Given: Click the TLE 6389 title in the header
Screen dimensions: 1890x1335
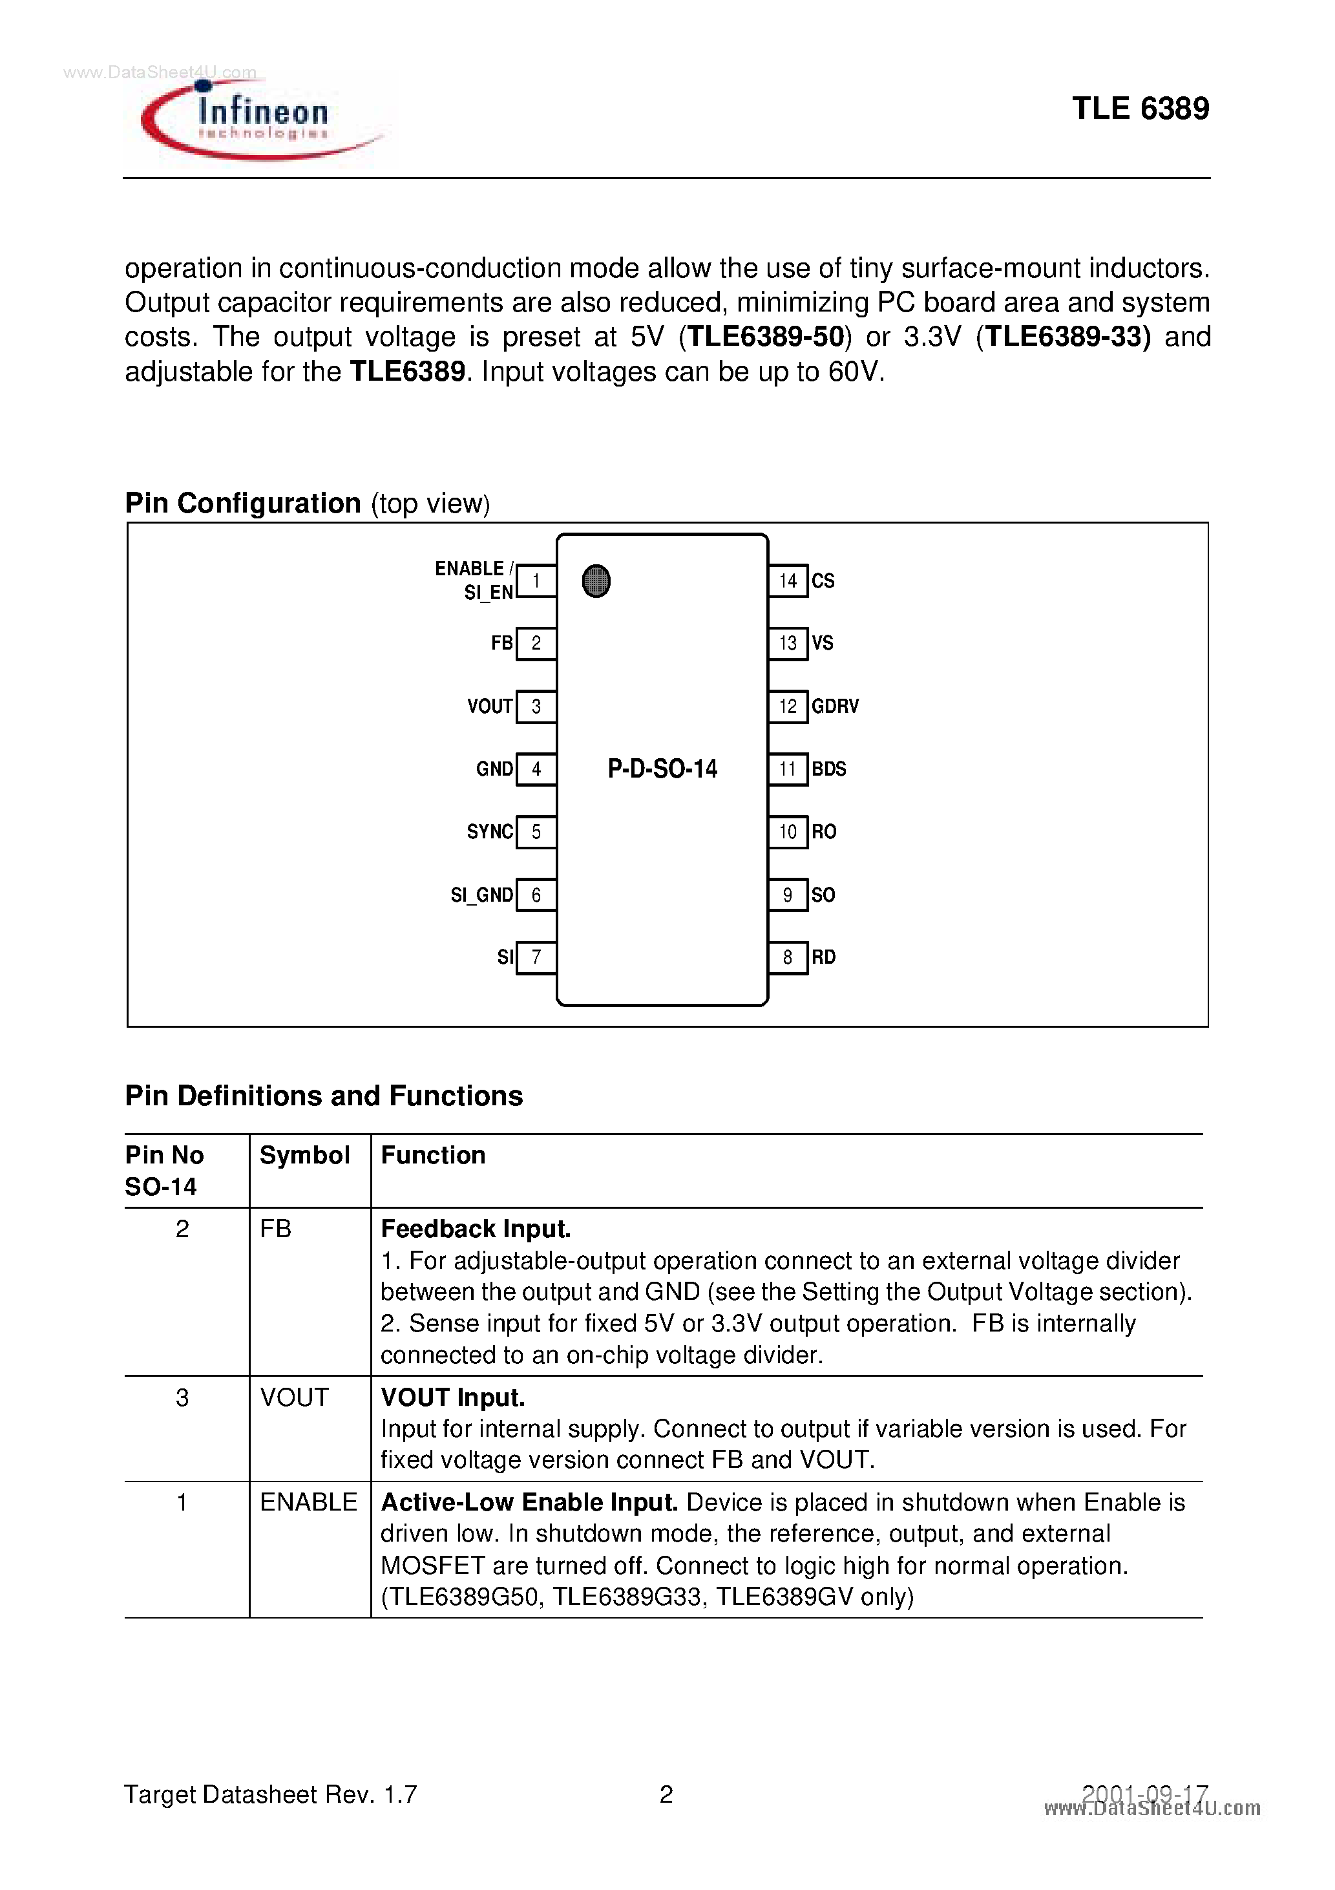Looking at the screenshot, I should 1140,109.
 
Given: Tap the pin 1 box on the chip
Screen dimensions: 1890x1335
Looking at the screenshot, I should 536,581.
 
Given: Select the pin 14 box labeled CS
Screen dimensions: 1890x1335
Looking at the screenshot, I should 788,581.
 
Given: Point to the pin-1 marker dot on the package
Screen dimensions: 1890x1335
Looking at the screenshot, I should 596,581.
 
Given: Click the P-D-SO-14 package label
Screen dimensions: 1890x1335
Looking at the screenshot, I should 662,769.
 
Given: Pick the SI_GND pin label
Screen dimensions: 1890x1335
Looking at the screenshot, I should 481,895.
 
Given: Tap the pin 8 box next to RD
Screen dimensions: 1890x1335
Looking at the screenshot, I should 788,957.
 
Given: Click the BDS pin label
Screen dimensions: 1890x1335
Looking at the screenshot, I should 829,769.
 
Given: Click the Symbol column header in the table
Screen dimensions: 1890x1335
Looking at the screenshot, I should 304,1155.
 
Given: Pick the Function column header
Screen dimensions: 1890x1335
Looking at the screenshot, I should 433,1155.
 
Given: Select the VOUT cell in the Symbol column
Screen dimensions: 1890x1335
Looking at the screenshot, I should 294,1397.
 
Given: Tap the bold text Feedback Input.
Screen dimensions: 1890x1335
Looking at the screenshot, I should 476,1229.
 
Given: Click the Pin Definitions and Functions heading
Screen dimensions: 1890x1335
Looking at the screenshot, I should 324,1096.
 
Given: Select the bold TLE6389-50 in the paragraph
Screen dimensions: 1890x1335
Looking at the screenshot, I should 766,337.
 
